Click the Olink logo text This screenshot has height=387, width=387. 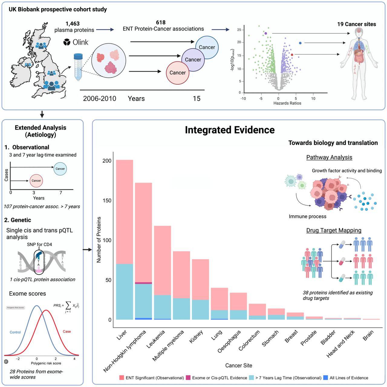click(80, 42)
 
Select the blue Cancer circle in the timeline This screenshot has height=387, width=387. click(207, 47)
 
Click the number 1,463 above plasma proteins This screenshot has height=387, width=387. click(73, 23)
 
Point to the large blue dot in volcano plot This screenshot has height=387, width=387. click(300, 43)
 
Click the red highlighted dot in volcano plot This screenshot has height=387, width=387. click(292, 55)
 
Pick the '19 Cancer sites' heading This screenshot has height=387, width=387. click(356, 24)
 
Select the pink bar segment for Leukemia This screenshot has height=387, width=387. click(163, 260)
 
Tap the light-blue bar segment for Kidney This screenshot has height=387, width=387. click(200, 309)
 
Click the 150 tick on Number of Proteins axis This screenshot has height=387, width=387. click(107, 200)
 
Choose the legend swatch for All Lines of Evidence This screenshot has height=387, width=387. click(326, 378)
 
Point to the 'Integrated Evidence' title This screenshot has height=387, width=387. click(230, 130)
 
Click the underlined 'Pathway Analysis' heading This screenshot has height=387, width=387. click(329, 157)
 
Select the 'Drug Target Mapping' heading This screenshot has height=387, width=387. click(334, 230)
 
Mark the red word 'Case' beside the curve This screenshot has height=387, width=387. click(67, 331)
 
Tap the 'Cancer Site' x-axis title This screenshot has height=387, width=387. click(239, 365)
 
